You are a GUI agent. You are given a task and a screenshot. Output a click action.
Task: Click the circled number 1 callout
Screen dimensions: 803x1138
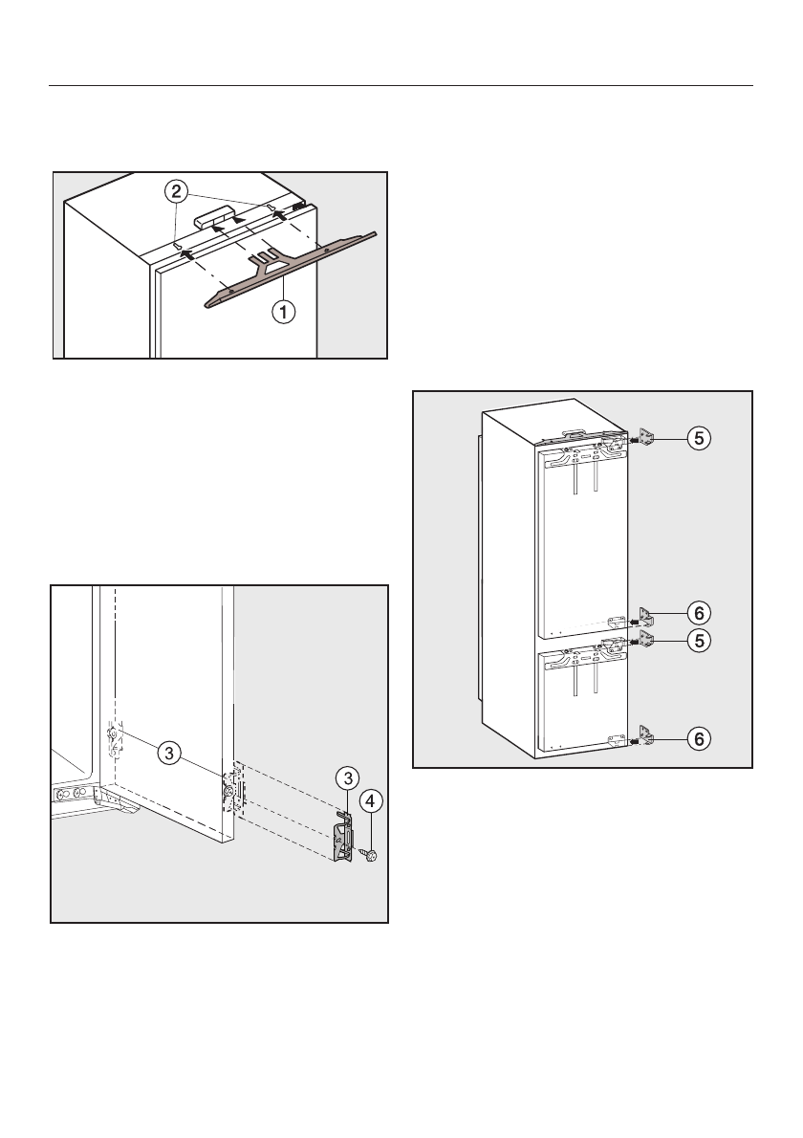[x=284, y=313]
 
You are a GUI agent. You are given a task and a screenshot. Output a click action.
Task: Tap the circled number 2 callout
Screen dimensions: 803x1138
[x=176, y=192]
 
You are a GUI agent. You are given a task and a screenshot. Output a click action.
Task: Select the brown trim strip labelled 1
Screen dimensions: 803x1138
[x=291, y=270]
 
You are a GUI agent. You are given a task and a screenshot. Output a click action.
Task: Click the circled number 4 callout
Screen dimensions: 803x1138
[x=371, y=801]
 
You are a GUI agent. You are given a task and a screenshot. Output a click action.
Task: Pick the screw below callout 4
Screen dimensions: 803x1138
[x=372, y=857]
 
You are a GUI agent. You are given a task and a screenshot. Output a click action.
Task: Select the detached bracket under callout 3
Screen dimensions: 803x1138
[x=345, y=838]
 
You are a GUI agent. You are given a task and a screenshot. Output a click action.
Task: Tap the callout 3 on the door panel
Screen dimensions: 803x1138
[x=169, y=754]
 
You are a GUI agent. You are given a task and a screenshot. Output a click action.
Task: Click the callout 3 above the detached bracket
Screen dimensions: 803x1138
[x=348, y=778]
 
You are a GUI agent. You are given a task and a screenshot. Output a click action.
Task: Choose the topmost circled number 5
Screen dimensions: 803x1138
[x=699, y=438]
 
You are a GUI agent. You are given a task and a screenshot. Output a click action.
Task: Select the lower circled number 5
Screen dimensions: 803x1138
[x=699, y=640]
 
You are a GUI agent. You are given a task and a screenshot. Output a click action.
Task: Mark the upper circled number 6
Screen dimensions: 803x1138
[x=699, y=614]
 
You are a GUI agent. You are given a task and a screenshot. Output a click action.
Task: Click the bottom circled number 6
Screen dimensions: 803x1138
[x=699, y=739]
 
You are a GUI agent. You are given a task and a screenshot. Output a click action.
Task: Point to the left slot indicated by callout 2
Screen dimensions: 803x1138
[x=176, y=247]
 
